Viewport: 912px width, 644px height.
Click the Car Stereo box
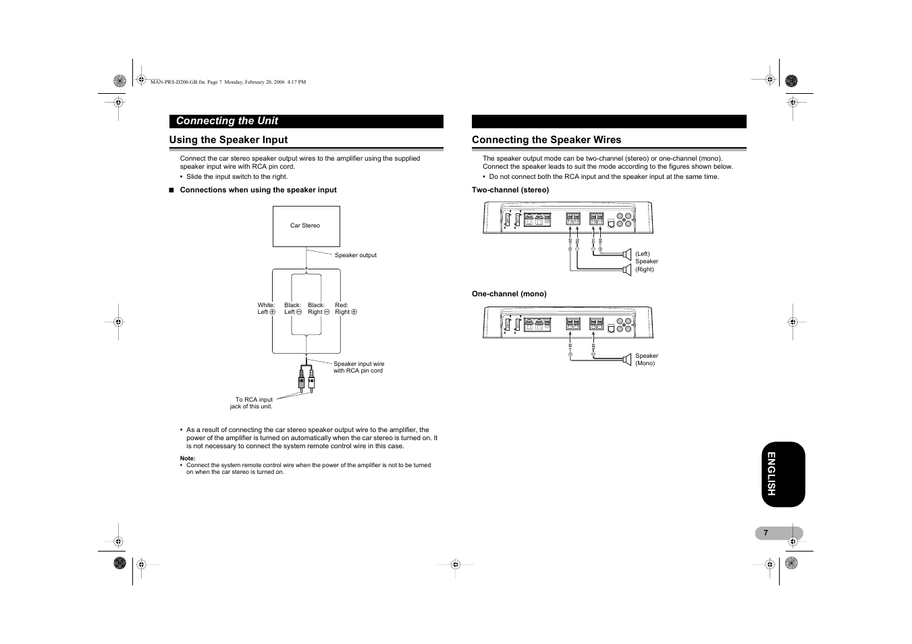306,226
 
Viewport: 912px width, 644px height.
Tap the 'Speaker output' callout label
355,255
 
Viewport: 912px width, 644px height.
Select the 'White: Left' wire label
266,308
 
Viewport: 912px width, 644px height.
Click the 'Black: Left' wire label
292,308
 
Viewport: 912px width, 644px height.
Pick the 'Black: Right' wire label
318,308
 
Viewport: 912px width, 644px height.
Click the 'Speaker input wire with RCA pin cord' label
358,367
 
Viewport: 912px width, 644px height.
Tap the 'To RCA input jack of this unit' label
252,403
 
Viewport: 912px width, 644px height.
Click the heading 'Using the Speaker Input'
228,140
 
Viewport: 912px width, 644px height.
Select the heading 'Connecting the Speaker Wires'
546,140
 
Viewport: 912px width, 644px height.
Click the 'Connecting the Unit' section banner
227,121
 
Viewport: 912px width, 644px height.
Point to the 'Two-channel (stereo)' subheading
510,190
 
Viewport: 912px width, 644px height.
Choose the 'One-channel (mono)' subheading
509,294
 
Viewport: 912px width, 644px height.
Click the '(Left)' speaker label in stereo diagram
642,254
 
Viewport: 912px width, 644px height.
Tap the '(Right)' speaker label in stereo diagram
644,269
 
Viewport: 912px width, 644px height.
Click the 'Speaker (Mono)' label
646,359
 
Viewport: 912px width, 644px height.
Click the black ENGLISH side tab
783,474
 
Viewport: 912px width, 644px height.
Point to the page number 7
766,533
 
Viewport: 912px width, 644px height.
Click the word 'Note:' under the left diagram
188,458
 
